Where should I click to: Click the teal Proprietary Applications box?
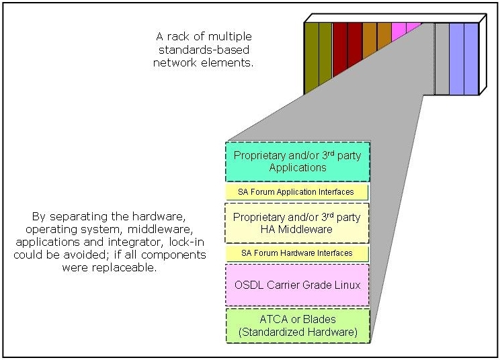click(297, 161)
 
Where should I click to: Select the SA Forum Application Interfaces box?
click(297, 192)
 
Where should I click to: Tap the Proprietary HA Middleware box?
click(297, 223)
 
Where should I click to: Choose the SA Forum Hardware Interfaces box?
click(297, 253)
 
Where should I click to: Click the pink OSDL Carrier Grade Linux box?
click(297, 285)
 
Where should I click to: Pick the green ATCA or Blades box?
click(297, 324)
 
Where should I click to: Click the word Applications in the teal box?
click(297, 167)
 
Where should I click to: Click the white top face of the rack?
click(393, 18)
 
